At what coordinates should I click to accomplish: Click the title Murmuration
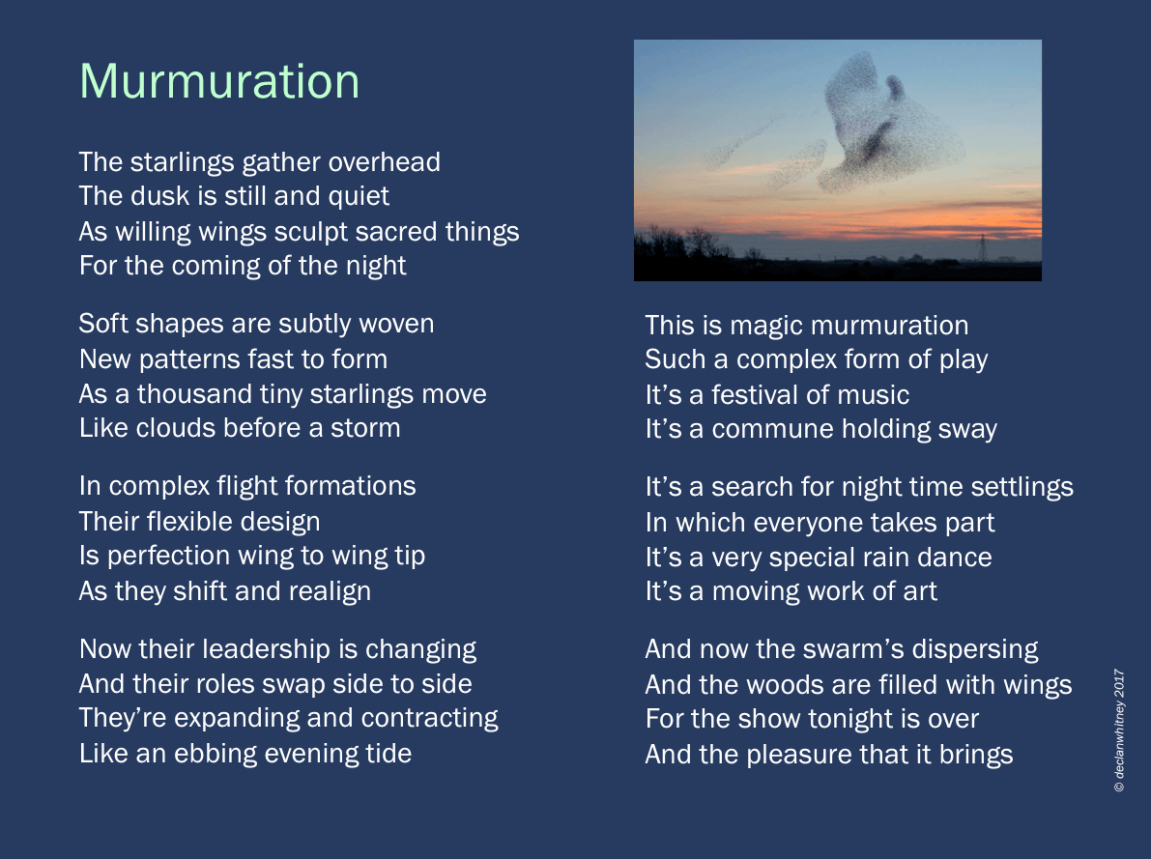[219, 81]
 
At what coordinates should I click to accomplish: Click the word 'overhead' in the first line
[384, 162]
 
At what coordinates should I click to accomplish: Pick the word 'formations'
[350, 486]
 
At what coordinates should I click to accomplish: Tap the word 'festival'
[755, 395]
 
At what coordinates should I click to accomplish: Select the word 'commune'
[772, 429]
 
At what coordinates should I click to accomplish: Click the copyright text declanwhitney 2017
[1119, 730]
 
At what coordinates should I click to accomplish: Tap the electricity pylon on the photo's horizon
[982, 247]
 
